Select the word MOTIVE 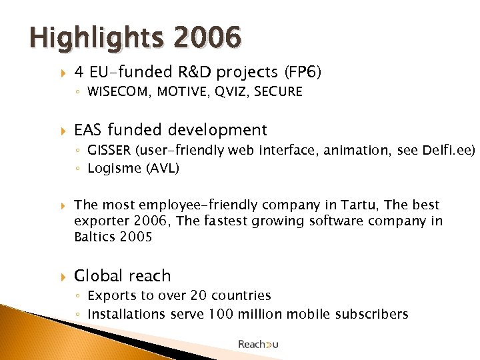tap(181, 92)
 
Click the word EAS tap(89, 130)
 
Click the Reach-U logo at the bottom tap(259, 344)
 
